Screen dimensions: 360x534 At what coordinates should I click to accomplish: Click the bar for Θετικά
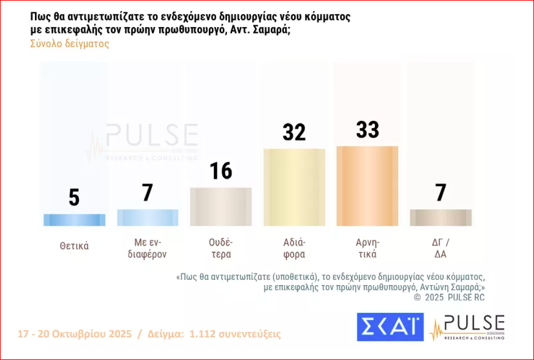pyautogui.click(x=74, y=220)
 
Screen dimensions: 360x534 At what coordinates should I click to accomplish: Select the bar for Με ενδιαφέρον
pyautogui.click(x=147, y=218)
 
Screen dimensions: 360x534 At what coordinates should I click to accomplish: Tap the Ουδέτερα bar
pyautogui.click(x=220, y=207)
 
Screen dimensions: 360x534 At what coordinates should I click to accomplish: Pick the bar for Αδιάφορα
pyautogui.click(x=294, y=187)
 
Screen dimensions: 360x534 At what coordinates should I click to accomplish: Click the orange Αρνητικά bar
pyautogui.click(x=367, y=186)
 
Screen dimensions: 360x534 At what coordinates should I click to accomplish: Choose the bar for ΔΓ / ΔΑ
pyautogui.click(x=440, y=218)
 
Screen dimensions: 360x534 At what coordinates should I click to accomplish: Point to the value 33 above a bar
pyautogui.click(x=367, y=129)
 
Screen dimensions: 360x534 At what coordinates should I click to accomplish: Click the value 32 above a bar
pyautogui.click(x=294, y=132)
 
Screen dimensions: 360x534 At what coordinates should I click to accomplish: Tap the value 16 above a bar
pyautogui.click(x=220, y=171)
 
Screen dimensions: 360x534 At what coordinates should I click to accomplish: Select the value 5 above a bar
pyautogui.click(x=74, y=197)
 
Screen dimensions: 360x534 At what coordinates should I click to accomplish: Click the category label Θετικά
pyautogui.click(x=74, y=246)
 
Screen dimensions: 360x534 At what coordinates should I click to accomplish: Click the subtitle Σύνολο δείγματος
pyautogui.click(x=70, y=44)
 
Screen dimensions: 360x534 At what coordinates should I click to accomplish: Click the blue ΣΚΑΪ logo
pyautogui.click(x=390, y=327)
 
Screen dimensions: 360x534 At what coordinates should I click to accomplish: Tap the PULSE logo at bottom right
pyautogui.click(x=467, y=327)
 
